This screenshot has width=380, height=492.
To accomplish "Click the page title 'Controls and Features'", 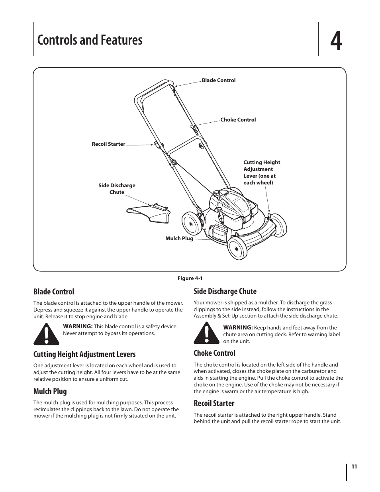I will click(x=90, y=40).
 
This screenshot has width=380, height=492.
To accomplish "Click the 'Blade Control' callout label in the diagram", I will click(x=218, y=80).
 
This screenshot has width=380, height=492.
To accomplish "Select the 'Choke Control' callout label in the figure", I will click(x=238, y=120).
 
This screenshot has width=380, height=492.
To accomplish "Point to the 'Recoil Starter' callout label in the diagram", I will click(x=108, y=144).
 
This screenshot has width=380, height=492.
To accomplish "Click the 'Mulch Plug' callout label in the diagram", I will click(x=179, y=239).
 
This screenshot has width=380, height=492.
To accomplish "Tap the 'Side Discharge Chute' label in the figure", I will click(x=117, y=189).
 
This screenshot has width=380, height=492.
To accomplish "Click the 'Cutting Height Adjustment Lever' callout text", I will click(x=262, y=172).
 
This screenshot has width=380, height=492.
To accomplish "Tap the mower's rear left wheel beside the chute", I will click(x=191, y=224).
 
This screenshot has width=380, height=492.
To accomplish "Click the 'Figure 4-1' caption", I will click(x=190, y=278).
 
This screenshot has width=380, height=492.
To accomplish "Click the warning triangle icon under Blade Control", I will click(x=46, y=334).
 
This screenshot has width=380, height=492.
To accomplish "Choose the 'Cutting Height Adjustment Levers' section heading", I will click(x=84, y=354).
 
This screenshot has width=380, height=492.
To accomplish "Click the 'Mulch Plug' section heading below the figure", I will click(x=50, y=391).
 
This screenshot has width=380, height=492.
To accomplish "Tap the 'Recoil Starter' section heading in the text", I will click(x=214, y=403).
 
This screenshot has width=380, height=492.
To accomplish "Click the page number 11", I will click(x=354, y=467).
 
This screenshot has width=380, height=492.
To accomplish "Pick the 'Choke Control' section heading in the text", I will click(x=214, y=353).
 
